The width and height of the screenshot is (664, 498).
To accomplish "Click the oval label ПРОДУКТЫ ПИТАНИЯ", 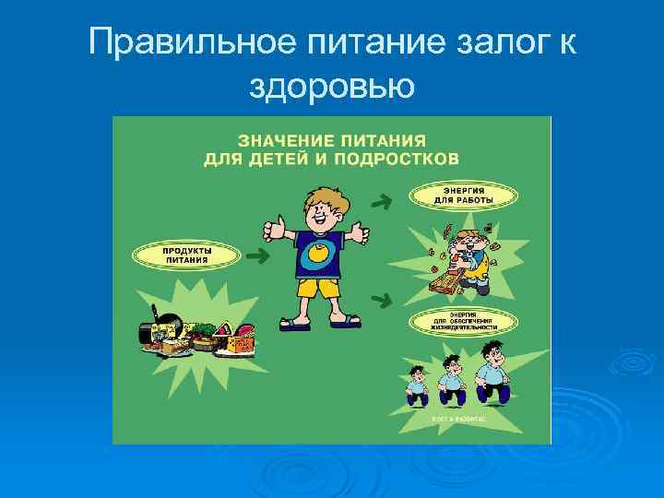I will pos(187,255).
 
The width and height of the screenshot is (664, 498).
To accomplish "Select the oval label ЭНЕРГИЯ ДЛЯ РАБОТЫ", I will pos(464,195).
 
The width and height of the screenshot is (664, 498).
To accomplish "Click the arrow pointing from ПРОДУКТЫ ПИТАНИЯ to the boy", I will pos(257,255).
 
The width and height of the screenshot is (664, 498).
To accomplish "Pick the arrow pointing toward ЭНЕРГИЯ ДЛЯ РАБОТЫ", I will pos(378,198).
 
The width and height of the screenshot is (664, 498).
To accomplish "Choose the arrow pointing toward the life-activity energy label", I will pos(378,299).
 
